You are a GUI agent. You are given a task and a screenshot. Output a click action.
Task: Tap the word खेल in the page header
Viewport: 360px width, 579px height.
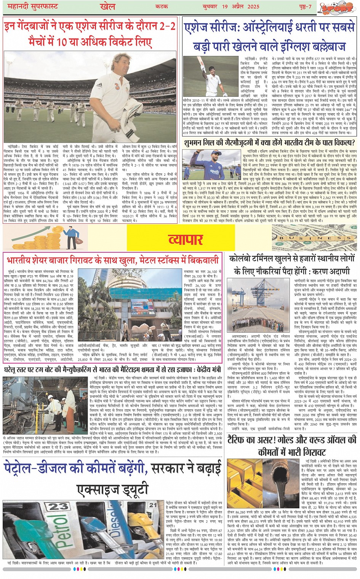click(x=107, y=6)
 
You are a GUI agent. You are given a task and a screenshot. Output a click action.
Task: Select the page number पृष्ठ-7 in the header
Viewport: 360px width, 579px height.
click(x=305, y=6)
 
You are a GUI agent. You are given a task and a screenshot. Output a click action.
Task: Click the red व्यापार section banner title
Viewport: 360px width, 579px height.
click(x=186, y=239)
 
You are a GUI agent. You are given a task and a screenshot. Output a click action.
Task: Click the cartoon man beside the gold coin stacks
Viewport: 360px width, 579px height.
click(x=70, y=236)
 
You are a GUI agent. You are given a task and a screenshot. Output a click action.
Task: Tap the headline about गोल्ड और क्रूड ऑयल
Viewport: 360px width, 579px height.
click(x=292, y=446)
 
